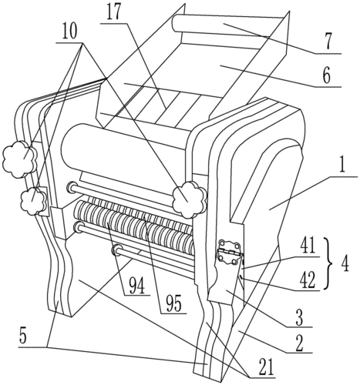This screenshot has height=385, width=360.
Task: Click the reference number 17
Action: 113,13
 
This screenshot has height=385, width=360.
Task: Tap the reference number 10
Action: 69,32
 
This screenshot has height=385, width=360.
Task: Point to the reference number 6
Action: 326,76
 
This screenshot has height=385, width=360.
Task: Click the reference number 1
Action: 342,166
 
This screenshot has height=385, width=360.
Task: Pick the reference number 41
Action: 307,246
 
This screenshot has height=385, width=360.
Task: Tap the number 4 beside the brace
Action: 345,264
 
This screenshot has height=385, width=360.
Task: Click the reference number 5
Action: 23,336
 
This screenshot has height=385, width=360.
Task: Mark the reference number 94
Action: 136,286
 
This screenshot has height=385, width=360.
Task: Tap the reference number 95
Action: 173,303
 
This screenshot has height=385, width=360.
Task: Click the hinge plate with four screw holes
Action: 228,253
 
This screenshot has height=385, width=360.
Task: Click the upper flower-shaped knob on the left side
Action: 19,159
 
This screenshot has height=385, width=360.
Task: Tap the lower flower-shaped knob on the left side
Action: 33,201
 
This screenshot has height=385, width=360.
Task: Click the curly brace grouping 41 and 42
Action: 328,264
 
